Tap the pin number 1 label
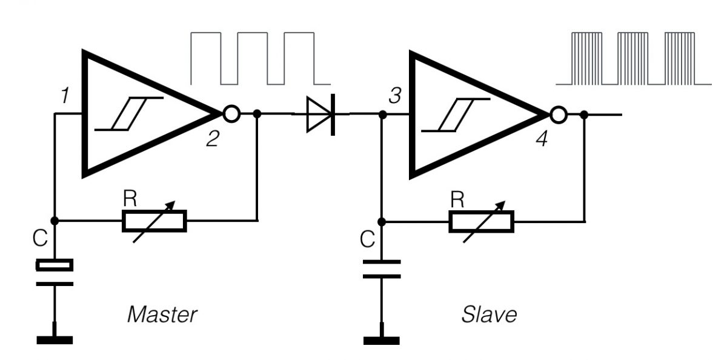point(62,95)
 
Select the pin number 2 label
point(212,140)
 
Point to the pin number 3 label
point(394,95)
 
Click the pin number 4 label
point(542,140)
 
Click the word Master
point(162,315)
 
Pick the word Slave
point(490,315)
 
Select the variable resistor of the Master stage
point(154,221)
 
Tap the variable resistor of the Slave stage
point(481,221)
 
